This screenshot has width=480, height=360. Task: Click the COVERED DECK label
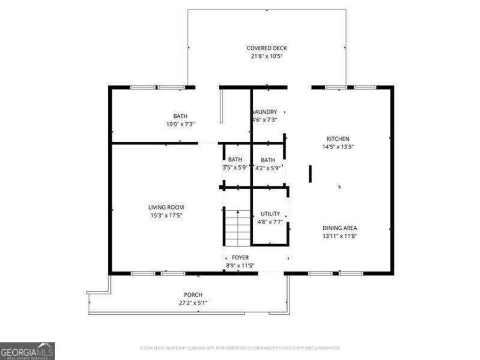[x=267, y=48]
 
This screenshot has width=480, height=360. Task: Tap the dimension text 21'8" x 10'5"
[x=267, y=56]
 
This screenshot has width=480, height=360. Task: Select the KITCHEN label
[x=339, y=139]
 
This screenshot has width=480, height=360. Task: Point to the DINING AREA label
[x=340, y=228]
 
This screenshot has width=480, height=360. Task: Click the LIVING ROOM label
[x=166, y=207]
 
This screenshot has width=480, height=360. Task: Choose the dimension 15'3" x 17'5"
[x=166, y=215]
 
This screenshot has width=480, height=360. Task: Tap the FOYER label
[x=240, y=258]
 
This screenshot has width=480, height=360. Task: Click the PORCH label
[x=193, y=295]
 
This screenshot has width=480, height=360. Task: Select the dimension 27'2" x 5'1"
[x=193, y=303]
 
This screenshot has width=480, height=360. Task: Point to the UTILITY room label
[x=269, y=214]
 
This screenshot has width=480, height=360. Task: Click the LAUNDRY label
[x=265, y=112]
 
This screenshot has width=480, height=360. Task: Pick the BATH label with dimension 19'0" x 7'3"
[x=180, y=116]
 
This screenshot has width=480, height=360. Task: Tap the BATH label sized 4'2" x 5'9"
[x=268, y=160]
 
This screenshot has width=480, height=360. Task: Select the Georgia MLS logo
[x=27, y=351]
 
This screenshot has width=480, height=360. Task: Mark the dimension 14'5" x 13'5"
[x=339, y=147]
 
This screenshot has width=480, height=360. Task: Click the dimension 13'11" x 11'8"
[x=340, y=236]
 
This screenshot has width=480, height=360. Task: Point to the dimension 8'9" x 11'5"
[x=240, y=266]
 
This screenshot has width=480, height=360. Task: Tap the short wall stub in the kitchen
[x=310, y=174]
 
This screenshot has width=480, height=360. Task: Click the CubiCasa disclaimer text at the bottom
[x=239, y=348]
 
